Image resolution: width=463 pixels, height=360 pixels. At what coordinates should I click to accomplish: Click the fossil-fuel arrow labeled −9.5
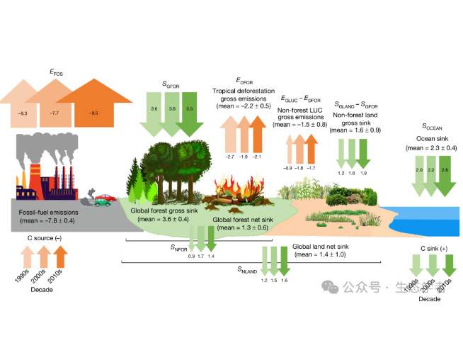(x=93, y=112)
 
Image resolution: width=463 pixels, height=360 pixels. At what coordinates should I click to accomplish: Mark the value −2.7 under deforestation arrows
(x=229, y=156)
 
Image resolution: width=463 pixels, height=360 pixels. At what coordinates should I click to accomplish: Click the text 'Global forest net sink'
(x=242, y=220)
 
